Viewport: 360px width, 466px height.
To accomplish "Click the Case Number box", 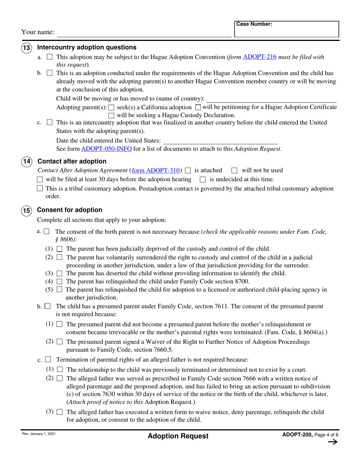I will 286,29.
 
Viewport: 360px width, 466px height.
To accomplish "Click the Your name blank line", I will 144,33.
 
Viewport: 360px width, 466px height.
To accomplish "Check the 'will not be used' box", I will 234,170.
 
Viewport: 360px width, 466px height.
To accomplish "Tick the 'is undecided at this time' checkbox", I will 202,180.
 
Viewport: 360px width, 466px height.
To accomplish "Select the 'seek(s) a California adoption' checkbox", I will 111,108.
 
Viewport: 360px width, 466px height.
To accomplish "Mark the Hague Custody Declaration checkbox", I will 111,116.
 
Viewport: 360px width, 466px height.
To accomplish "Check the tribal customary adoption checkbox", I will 40,189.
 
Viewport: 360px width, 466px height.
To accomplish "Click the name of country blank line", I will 271,99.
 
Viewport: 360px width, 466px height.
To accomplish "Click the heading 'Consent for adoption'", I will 70,210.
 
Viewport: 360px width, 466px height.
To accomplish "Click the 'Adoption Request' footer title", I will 178,436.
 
